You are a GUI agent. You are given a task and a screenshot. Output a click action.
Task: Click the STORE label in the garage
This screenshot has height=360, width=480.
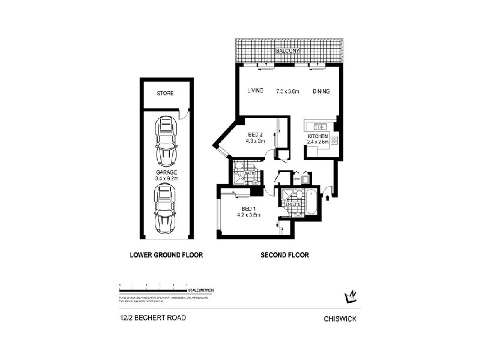[x=165, y=94]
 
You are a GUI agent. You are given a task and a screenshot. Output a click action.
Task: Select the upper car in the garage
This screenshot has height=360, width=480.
[x=165, y=141]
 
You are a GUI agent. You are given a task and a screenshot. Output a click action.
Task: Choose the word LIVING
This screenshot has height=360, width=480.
[x=256, y=91]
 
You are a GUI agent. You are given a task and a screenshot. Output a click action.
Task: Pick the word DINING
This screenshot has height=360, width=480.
[x=321, y=91]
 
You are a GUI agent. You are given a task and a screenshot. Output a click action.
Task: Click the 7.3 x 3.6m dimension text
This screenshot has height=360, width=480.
[x=287, y=91]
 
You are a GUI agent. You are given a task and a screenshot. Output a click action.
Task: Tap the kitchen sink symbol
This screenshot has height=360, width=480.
[x=318, y=127]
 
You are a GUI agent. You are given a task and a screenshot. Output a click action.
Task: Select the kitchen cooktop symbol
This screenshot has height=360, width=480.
[x=334, y=142]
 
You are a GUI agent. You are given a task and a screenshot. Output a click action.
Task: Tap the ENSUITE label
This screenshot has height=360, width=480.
[x=292, y=205]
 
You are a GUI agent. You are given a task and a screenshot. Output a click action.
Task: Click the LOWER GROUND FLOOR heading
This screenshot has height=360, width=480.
[x=166, y=255]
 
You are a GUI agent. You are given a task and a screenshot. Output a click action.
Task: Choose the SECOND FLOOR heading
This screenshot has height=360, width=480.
[x=284, y=255]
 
